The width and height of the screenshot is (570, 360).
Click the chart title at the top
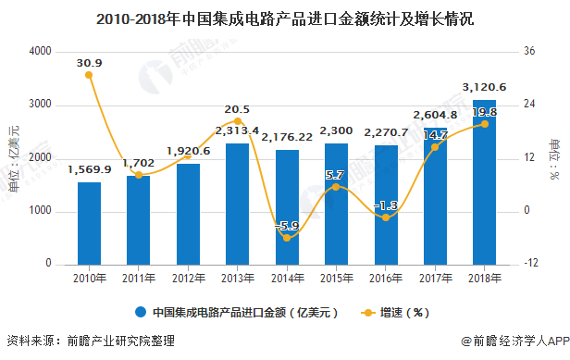(x=285, y=18)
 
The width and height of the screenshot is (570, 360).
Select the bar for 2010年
(x=89, y=223)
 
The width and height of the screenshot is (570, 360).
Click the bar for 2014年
(x=287, y=207)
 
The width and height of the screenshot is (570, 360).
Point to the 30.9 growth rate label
(x=90, y=62)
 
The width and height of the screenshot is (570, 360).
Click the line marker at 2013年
(x=238, y=121)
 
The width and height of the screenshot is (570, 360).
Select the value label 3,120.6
(x=485, y=88)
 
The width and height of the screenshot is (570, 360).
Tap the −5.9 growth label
(x=287, y=225)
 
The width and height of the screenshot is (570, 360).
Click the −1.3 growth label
(x=386, y=205)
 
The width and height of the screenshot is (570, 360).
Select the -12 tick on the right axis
(x=530, y=265)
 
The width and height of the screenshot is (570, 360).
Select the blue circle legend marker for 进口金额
(x=142, y=312)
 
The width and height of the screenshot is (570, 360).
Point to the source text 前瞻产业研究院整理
(x=120, y=341)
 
